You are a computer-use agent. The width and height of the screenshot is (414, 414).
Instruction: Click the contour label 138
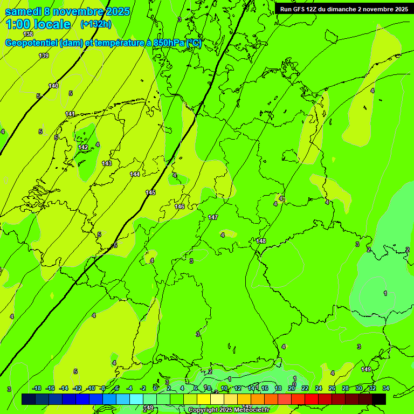29,34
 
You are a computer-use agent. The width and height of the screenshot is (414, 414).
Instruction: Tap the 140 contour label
53,86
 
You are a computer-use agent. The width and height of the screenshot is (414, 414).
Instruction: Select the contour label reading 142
83,147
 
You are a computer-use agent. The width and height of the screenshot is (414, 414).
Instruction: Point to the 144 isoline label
135,174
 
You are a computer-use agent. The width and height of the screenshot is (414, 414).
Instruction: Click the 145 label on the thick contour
150,192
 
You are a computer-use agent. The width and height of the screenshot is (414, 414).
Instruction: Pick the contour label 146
180,206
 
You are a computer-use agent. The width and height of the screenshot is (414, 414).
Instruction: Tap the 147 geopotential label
213,217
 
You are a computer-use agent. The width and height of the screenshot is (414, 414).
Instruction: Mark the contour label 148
261,241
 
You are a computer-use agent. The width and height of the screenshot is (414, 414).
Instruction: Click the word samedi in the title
23,11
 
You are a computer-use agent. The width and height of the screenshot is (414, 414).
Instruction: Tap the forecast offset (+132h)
96,24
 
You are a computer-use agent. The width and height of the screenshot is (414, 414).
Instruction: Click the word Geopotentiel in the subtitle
32,43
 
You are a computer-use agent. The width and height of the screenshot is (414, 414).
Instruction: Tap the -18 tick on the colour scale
37,389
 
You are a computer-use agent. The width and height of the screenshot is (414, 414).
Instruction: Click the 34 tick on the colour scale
386,389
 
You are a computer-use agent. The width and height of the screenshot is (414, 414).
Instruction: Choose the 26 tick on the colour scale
332,389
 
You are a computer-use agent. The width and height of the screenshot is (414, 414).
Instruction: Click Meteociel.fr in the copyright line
249,410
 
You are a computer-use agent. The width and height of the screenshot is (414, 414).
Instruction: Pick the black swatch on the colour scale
379,399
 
